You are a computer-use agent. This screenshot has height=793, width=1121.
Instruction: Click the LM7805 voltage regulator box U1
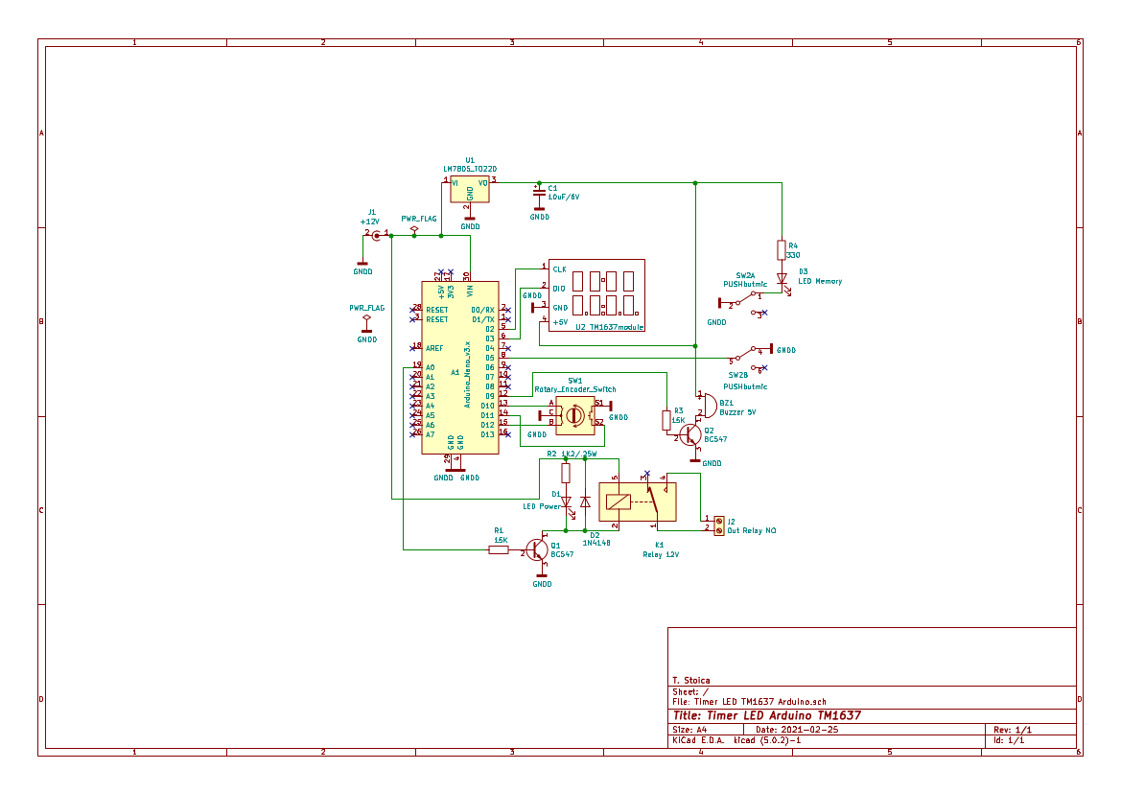pyautogui.click(x=470, y=189)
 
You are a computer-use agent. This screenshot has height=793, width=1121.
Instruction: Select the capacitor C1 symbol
pyautogui.click(x=539, y=195)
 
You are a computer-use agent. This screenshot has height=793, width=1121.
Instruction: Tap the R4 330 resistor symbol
pyautogui.click(x=782, y=249)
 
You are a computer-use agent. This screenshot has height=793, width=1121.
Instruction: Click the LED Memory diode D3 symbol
pyautogui.click(x=782, y=279)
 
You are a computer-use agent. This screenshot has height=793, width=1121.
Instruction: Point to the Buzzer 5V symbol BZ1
pyautogui.click(x=708, y=404)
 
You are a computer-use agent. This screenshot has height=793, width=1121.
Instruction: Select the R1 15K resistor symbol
pyautogui.click(x=499, y=550)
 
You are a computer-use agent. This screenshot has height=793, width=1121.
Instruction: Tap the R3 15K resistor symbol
pyautogui.click(x=666, y=420)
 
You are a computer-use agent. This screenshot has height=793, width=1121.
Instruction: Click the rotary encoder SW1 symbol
pyautogui.click(x=574, y=414)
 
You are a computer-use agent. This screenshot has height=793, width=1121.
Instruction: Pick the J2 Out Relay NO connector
pyautogui.click(x=718, y=525)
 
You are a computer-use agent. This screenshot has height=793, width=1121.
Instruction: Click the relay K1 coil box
pyautogui.click(x=617, y=500)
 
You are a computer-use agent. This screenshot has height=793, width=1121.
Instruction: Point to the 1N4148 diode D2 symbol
pyautogui.click(x=585, y=501)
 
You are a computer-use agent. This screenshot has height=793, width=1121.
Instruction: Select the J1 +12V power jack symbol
pyautogui.click(x=377, y=234)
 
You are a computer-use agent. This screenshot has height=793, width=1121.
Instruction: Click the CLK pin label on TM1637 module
pyautogui.click(x=559, y=269)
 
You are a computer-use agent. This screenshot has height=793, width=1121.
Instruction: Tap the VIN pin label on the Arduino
pyautogui.click(x=470, y=290)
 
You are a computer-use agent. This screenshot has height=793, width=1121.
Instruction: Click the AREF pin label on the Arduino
pyautogui.click(x=433, y=348)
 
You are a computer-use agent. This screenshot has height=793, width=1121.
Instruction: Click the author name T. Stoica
pyautogui.click(x=690, y=681)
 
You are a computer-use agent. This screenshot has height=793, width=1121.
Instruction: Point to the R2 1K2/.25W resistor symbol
pyautogui.click(x=566, y=473)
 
